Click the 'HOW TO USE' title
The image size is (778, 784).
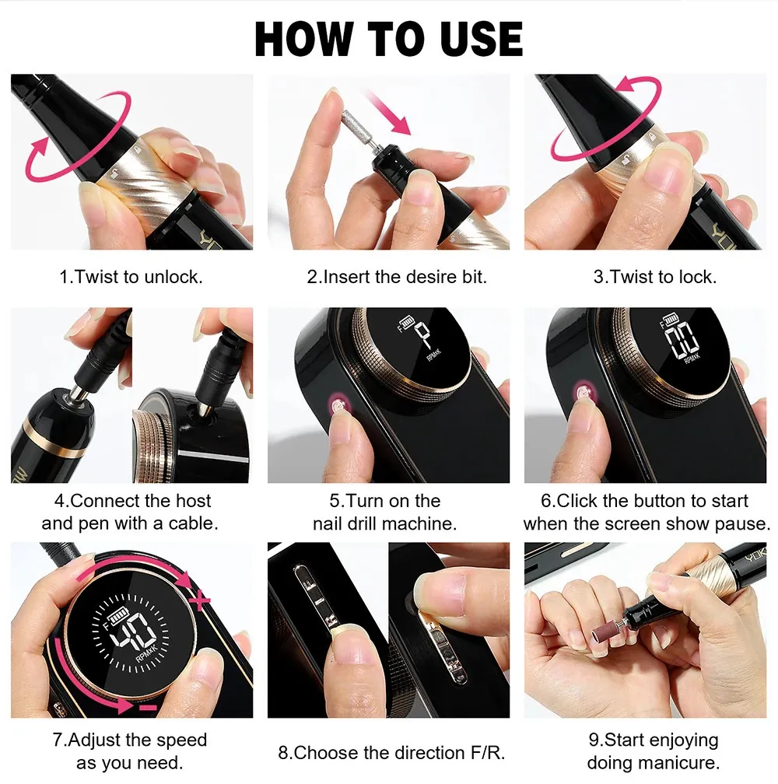pos(388,39)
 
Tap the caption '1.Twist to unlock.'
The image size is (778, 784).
pos(131,277)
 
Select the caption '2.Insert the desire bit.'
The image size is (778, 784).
pos(397,277)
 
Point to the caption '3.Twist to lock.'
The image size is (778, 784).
pos(655,277)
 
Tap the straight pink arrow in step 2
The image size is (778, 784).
pos(389,112)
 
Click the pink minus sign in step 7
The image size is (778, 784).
pos(148,708)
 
